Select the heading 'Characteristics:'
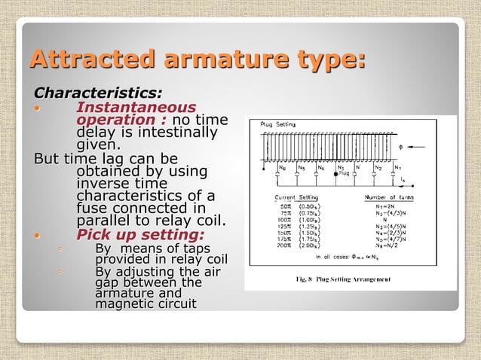click(x=98, y=93)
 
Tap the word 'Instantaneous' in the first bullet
click(x=136, y=107)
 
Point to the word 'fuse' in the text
click(x=93, y=208)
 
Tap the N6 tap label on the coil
click(x=282, y=167)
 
